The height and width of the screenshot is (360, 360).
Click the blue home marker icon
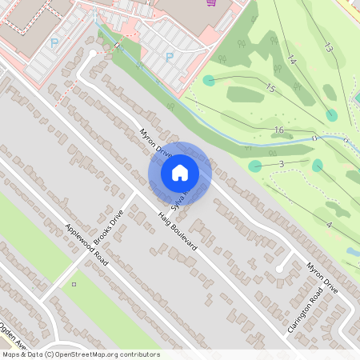pyautogui.click(x=180, y=173)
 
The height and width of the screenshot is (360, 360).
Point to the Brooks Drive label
pyautogui.click(x=110, y=229)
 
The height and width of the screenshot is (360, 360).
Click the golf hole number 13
pyautogui.click(x=327, y=48)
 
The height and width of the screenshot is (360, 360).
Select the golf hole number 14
pyautogui.click(x=291, y=60)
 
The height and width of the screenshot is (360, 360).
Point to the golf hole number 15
pyautogui.click(x=270, y=88)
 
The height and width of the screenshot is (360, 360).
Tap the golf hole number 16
pyautogui.click(x=278, y=130)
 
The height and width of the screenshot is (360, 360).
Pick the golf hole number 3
pyautogui.click(x=282, y=164)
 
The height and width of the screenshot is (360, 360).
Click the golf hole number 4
pyautogui.click(x=329, y=226)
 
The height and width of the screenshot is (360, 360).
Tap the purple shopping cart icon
pyautogui.click(x=210, y=3)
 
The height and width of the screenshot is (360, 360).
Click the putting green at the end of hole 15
pyautogui.click(x=209, y=80)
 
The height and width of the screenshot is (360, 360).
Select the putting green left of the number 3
pyautogui.click(x=255, y=166)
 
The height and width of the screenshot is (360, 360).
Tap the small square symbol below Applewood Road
pyautogui.click(x=74, y=284)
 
